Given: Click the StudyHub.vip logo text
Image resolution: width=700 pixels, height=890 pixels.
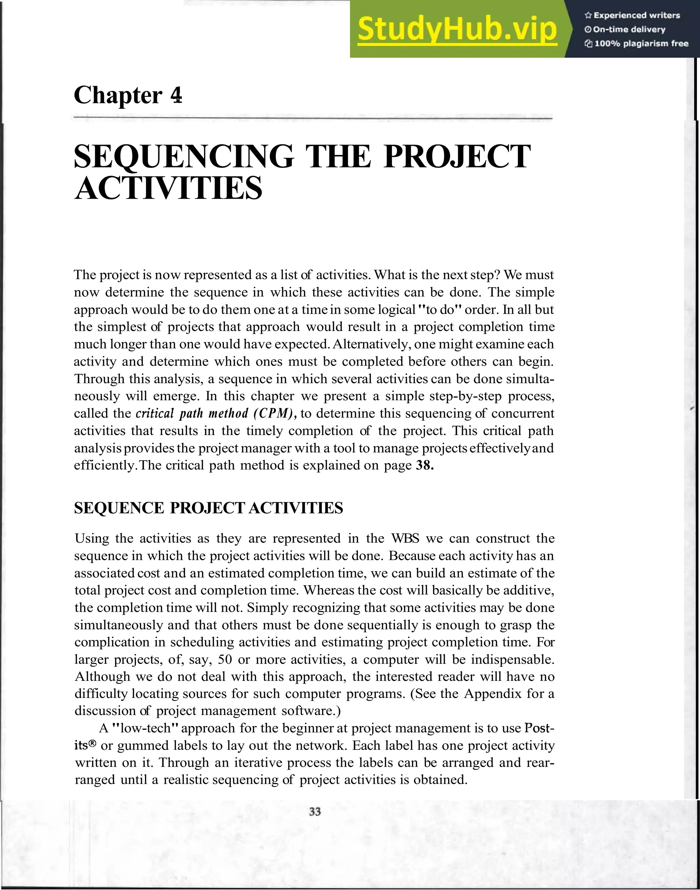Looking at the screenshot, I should coord(457,29).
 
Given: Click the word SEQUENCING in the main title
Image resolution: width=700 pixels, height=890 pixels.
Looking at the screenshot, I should coord(184,157).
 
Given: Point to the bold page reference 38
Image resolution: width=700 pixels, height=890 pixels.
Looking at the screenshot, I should coord(425,466).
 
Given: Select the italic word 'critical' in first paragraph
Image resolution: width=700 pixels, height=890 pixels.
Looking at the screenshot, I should coord(155,414).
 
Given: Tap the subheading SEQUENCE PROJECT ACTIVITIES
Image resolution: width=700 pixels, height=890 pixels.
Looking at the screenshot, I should coord(208,508).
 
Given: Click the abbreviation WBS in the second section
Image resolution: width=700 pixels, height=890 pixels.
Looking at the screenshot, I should coord(405,538).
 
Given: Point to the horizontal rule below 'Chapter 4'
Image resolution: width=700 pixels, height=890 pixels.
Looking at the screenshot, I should coord(313,118).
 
